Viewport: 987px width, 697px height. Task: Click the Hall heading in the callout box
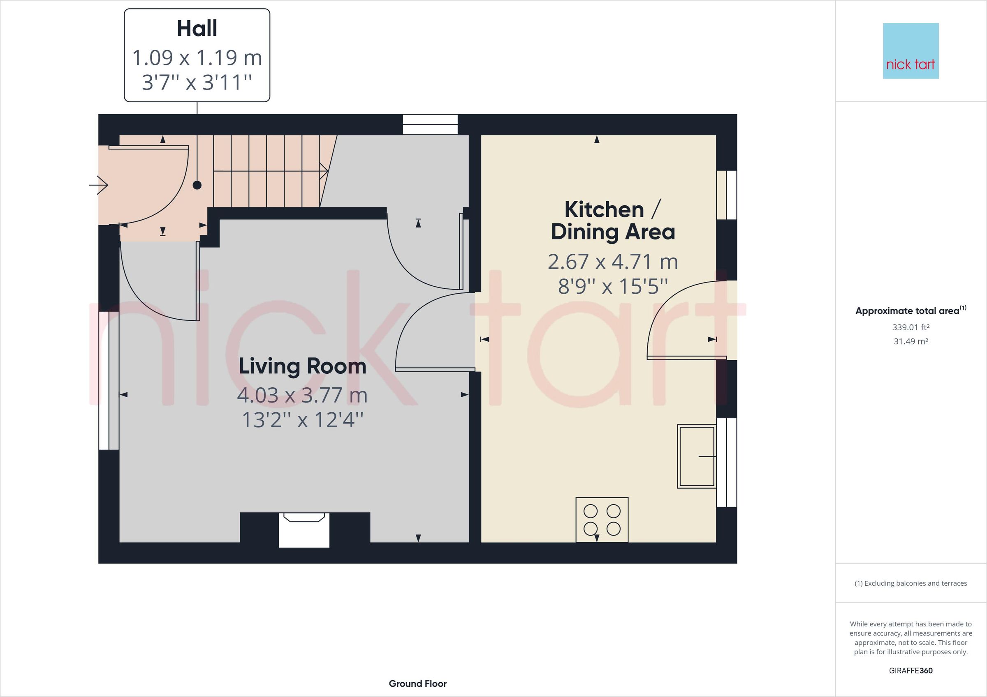click(197, 29)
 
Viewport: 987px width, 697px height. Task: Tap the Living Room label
click(302, 366)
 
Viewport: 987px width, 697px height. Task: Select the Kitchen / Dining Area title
click(613, 221)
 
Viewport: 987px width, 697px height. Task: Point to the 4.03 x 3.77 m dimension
click(302, 395)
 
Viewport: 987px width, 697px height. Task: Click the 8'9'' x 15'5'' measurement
click(613, 286)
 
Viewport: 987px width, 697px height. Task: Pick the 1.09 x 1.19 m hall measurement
click(197, 58)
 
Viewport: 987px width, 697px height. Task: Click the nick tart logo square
click(911, 51)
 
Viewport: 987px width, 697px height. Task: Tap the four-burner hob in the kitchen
click(602, 520)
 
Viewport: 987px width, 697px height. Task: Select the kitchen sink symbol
click(696, 456)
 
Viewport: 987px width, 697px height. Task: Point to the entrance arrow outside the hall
click(99, 185)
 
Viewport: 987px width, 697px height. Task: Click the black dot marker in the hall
click(197, 185)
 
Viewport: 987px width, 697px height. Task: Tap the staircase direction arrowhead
click(324, 171)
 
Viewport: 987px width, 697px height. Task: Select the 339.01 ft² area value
click(911, 327)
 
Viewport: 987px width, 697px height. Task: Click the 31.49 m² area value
click(911, 341)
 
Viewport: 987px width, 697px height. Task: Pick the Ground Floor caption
click(417, 684)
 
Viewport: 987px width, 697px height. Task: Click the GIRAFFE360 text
click(911, 670)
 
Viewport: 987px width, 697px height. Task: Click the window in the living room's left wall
click(109, 380)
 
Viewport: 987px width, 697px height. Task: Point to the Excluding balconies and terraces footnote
click(911, 583)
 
